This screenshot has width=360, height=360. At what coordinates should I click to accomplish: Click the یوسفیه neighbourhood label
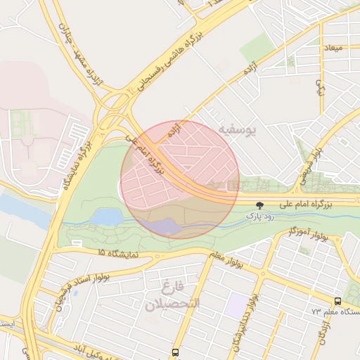(238, 129)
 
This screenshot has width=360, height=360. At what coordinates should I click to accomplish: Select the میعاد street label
(332, 49)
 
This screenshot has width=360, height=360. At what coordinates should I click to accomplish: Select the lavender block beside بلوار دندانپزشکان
(238, 304)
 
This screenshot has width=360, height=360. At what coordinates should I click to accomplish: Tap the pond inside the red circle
(167, 226)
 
